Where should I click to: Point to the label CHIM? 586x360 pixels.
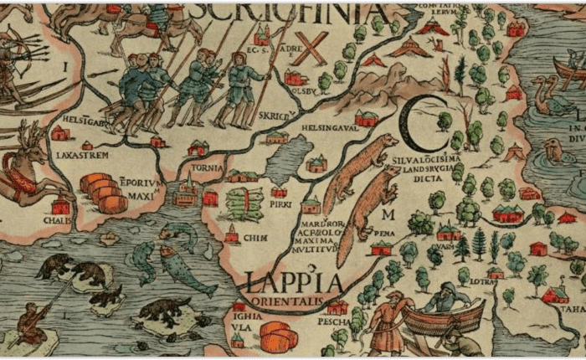(255, 238)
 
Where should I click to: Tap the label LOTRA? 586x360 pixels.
(481, 281)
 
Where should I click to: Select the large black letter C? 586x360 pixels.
(418, 124)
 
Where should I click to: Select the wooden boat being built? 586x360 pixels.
(444, 318)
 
